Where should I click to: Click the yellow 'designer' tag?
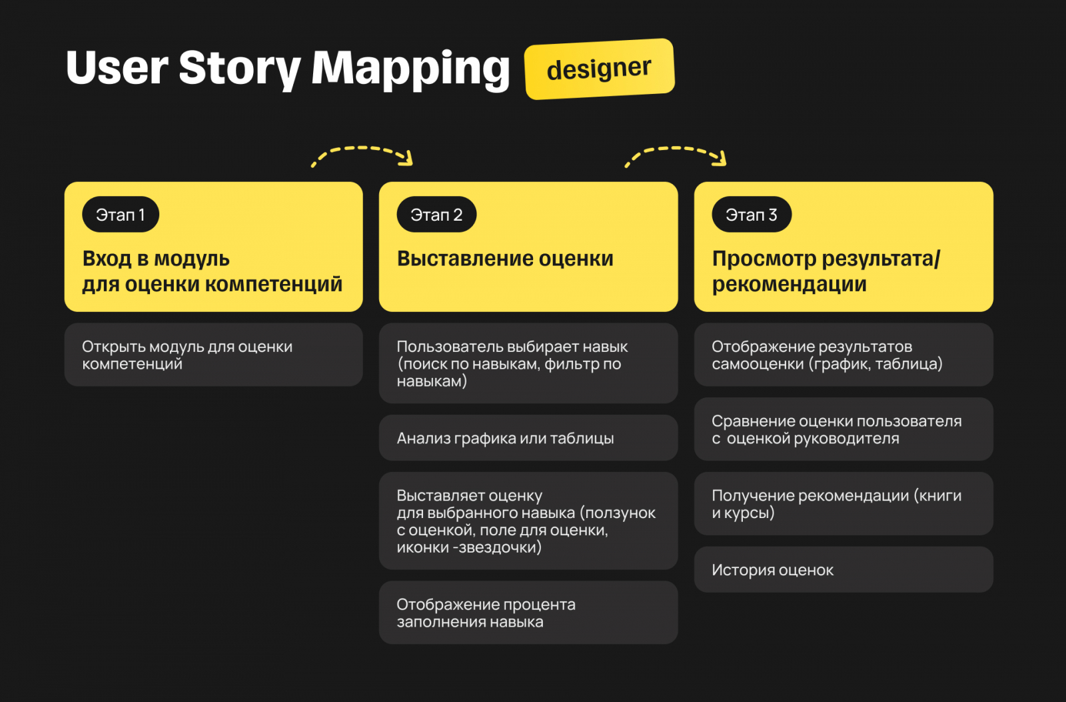(x=599, y=69)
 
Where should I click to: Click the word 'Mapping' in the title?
(x=410, y=69)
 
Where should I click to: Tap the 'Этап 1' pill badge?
(x=121, y=215)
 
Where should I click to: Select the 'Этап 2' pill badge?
(x=436, y=215)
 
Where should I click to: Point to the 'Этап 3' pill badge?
(x=752, y=215)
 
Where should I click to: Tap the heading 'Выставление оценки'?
(x=505, y=259)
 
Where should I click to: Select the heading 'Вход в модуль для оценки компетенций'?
(x=212, y=271)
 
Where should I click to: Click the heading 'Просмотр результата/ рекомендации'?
(x=825, y=271)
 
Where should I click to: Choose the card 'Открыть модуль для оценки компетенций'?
(x=213, y=355)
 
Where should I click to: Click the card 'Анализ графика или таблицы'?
(x=528, y=438)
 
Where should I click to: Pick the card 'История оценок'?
(x=843, y=570)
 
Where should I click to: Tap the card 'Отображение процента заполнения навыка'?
(x=528, y=613)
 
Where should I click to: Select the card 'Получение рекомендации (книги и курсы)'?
(x=843, y=504)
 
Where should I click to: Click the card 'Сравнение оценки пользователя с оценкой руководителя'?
(x=843, y=429)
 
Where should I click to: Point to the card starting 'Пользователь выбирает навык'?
(x=528, y=363)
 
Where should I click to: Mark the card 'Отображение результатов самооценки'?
(x=843, y=355)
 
